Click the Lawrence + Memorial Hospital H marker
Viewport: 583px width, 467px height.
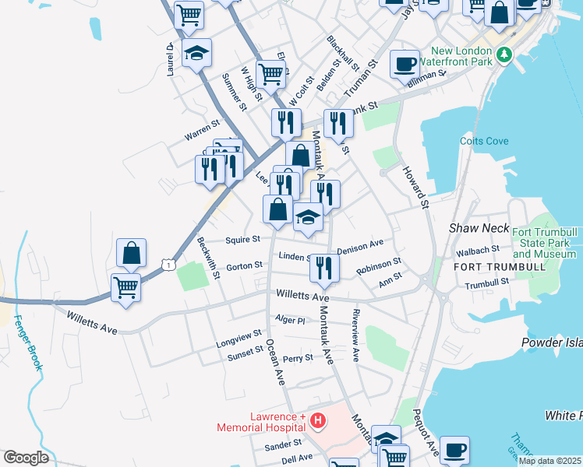point(317,421)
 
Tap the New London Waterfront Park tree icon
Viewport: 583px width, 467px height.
point(505,54)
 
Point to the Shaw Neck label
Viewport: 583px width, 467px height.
point(479,228)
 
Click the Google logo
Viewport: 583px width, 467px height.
point(26,458)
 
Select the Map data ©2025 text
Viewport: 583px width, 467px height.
point(549,461)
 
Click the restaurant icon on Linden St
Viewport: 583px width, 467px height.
point(324,268)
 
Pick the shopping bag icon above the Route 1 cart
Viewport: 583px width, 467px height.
point(131,252)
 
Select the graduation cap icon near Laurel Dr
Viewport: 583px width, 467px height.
point(196,53)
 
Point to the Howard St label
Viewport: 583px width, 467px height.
point(416,187)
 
